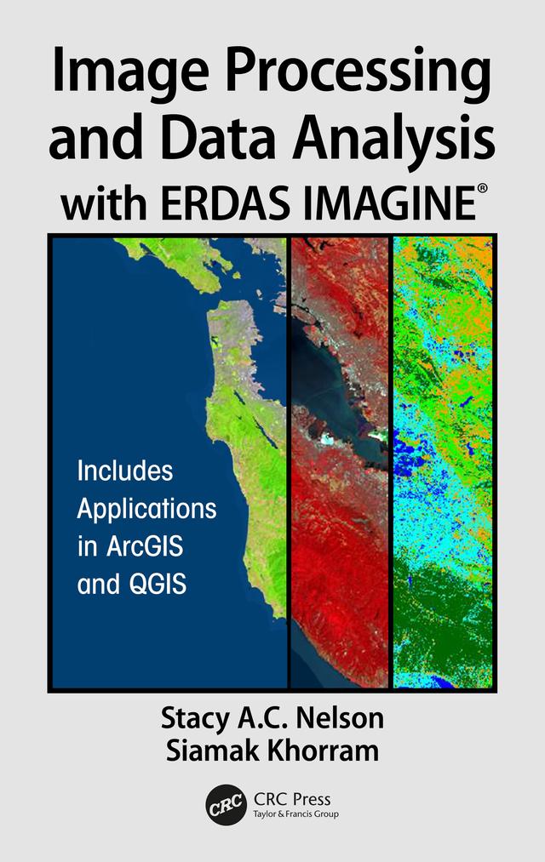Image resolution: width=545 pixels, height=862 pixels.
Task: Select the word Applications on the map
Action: tap(146, 510)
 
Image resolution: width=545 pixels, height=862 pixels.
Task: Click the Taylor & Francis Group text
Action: tap(296, 814)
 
